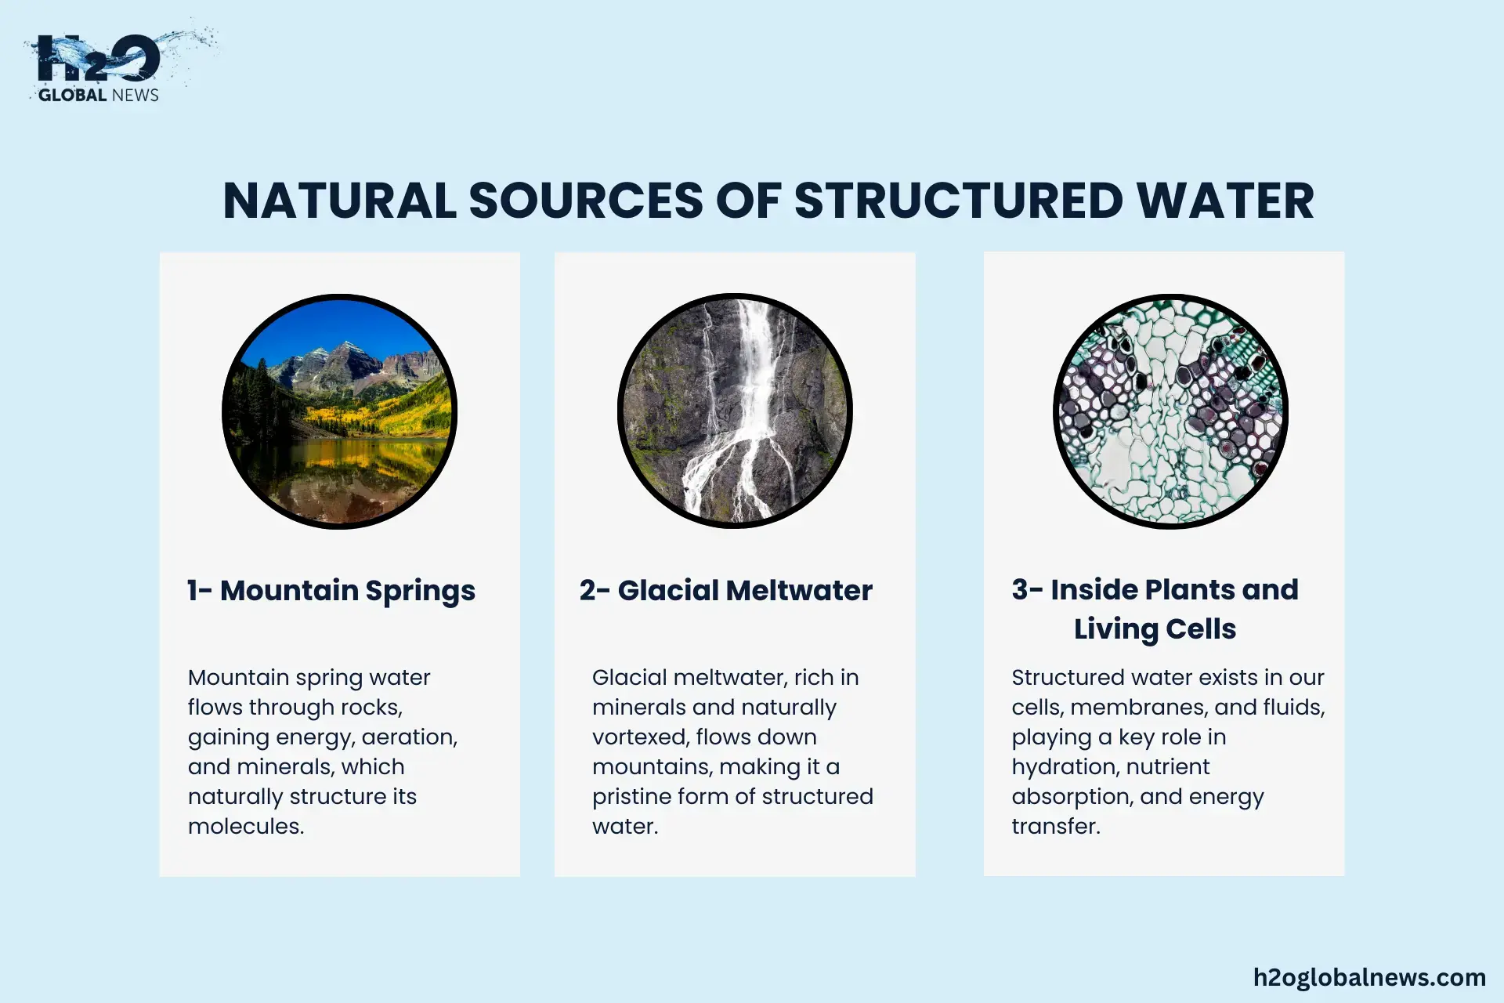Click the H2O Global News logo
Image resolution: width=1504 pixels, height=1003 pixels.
pos(117,67)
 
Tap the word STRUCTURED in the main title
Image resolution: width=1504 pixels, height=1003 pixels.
pos(959,201)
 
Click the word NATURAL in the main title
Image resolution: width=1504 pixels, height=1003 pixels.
pos(339,201)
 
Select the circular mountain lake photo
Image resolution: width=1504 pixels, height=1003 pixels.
pos(340,411)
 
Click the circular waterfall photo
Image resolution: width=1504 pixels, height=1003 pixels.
pos(735,411)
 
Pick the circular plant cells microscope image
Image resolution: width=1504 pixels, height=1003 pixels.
pos(1170,411)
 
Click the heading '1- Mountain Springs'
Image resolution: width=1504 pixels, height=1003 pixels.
pos(331,591)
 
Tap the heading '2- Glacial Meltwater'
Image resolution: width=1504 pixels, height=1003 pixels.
pos(726,590)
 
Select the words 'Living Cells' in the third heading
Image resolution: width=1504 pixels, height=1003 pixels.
pos(1155,629)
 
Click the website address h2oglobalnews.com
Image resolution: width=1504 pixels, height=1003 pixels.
pos(1369,977)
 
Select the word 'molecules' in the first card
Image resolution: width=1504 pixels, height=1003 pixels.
pos(246,827)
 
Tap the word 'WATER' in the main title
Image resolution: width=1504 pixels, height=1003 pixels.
pos(1225,201)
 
